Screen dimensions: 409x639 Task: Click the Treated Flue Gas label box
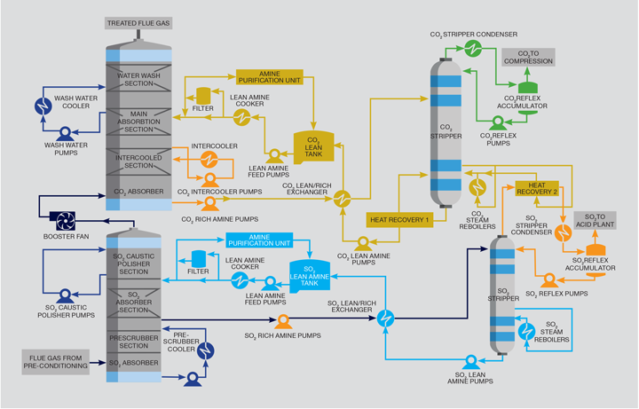138,22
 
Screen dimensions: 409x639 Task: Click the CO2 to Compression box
529,57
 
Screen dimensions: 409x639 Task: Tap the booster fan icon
64,220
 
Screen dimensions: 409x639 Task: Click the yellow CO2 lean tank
312,148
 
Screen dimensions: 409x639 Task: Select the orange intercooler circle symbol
209,158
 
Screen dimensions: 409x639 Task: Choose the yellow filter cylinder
202,94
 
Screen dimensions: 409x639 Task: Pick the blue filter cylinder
199,259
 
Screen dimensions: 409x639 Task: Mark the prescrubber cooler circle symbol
206,350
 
